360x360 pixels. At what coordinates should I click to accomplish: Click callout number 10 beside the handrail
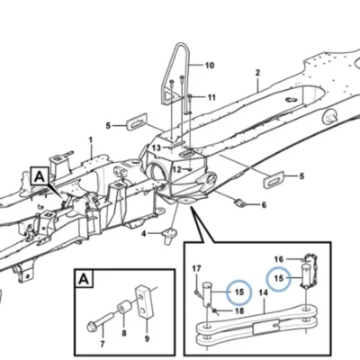(210, 65)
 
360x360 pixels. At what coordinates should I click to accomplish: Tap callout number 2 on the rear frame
(257, 73)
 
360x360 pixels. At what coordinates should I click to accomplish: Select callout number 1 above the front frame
(91, 140)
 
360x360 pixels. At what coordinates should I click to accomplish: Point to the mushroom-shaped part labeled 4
(170, 236)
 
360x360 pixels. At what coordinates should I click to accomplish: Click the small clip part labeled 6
(240, 203)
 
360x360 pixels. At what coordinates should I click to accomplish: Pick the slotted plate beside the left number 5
(137, 121)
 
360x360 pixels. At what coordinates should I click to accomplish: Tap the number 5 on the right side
(301, 175)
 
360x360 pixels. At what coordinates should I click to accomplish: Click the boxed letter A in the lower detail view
(84, 279)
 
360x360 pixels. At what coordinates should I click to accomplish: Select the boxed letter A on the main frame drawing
(40, 177)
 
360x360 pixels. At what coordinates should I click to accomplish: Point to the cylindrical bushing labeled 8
(126, 308)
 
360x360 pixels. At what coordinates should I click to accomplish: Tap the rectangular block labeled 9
(145, 301)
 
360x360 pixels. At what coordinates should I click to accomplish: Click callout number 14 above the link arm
(263, 293)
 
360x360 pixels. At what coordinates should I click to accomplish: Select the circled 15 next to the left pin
(239, 292)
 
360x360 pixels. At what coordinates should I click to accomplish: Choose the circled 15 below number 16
(279, 278)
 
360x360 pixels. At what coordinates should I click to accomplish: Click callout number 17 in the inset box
(197, 268)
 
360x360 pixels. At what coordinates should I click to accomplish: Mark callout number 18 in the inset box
(239, 310)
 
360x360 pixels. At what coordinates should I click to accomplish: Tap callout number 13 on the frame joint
(157, 148)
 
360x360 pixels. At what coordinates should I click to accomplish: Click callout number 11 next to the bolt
(211, 97)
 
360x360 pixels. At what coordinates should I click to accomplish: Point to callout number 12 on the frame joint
(177, 170)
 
